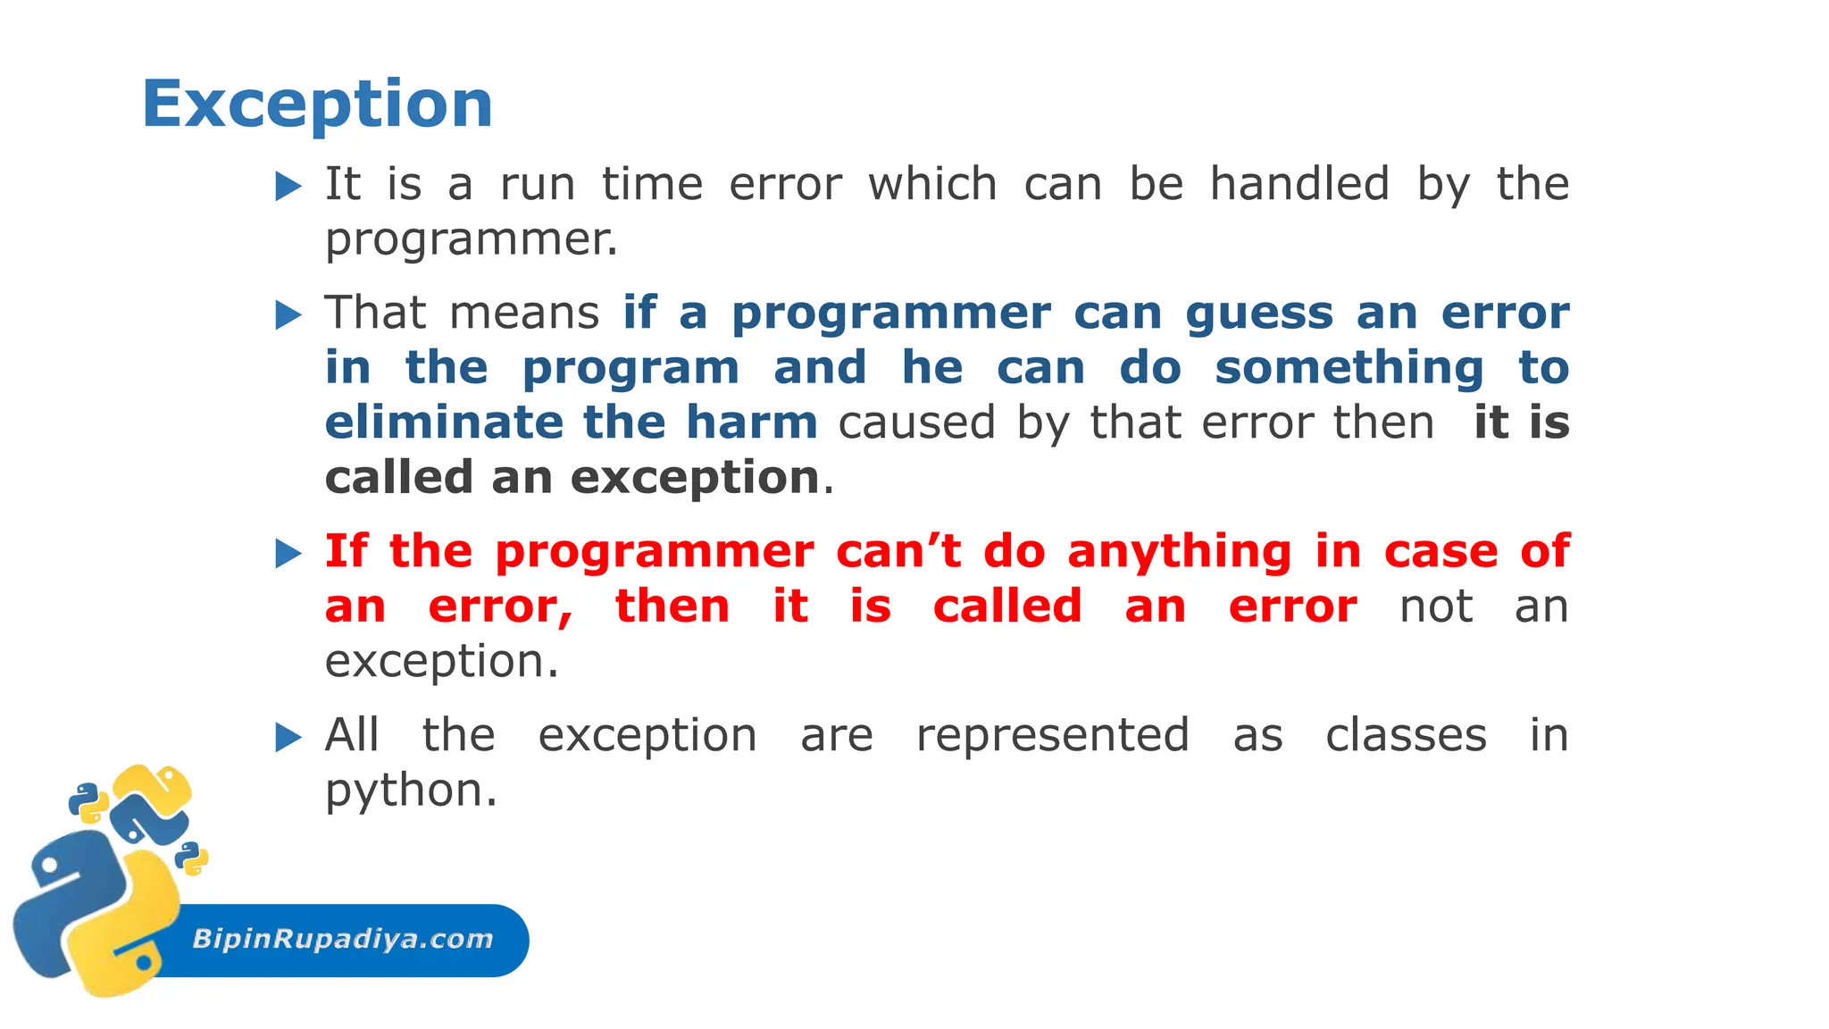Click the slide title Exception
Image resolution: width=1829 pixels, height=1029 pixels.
317,105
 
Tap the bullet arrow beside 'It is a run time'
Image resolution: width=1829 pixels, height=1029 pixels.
288,187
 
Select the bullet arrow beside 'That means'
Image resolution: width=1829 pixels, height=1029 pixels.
288,315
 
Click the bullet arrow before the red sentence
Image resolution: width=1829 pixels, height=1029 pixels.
288,554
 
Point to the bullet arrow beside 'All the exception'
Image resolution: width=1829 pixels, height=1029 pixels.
288,738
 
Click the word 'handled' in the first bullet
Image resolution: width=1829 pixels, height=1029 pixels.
1299,184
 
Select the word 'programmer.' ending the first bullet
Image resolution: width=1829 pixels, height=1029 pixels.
472,239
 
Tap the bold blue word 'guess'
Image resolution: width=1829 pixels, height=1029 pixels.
1259,314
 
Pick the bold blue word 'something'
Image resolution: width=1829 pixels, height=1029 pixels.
1349,368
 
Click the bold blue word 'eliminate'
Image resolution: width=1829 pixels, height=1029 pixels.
444,422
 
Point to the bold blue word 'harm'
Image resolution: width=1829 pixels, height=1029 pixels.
751,422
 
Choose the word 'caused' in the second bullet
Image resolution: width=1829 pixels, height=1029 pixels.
916,422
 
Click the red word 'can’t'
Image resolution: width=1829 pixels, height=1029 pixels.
898,551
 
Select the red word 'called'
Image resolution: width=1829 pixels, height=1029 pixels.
1007,607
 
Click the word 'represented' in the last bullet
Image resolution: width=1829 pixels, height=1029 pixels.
1053,736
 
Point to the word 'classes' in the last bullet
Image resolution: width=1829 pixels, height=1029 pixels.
1406,736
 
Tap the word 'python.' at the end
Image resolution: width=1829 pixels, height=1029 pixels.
411,791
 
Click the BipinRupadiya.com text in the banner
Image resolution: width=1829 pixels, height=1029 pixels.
343,939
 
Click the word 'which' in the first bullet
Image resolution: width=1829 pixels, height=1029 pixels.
932,184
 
